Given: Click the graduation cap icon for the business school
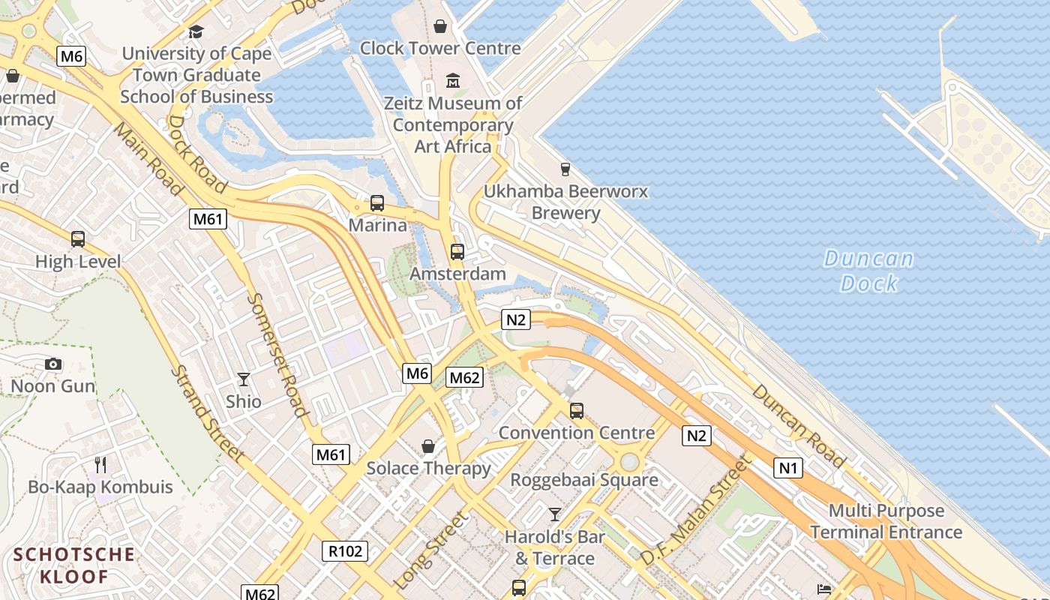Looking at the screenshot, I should click(196, 31).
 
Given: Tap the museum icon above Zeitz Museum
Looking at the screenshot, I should click(453, 80).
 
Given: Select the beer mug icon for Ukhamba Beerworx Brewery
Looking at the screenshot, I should click(565, 169).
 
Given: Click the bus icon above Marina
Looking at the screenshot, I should click(377, 203).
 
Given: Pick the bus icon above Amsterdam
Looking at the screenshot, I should click(457, 252).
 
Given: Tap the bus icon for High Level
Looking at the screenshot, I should click(78, 239).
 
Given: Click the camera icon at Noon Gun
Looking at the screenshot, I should click(53, 364).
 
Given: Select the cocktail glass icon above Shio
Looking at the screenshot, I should click(244, 379).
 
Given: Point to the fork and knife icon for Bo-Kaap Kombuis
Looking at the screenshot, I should click(100, 465).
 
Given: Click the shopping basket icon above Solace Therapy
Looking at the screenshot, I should click(428, 447).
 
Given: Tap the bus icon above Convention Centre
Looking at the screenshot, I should click(577, 411).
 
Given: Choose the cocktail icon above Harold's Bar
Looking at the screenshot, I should click(555, 514).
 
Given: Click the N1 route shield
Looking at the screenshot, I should click(787, 469).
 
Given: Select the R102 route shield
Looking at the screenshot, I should click(346, 551).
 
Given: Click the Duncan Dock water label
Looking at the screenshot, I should click(868, 271).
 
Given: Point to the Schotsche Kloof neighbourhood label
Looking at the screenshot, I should click(75, 565).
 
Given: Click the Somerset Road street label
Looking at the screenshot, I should click(277, 354).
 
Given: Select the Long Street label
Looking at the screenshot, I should click(430, 550).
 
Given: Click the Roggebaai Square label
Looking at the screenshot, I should click(584, 480).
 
